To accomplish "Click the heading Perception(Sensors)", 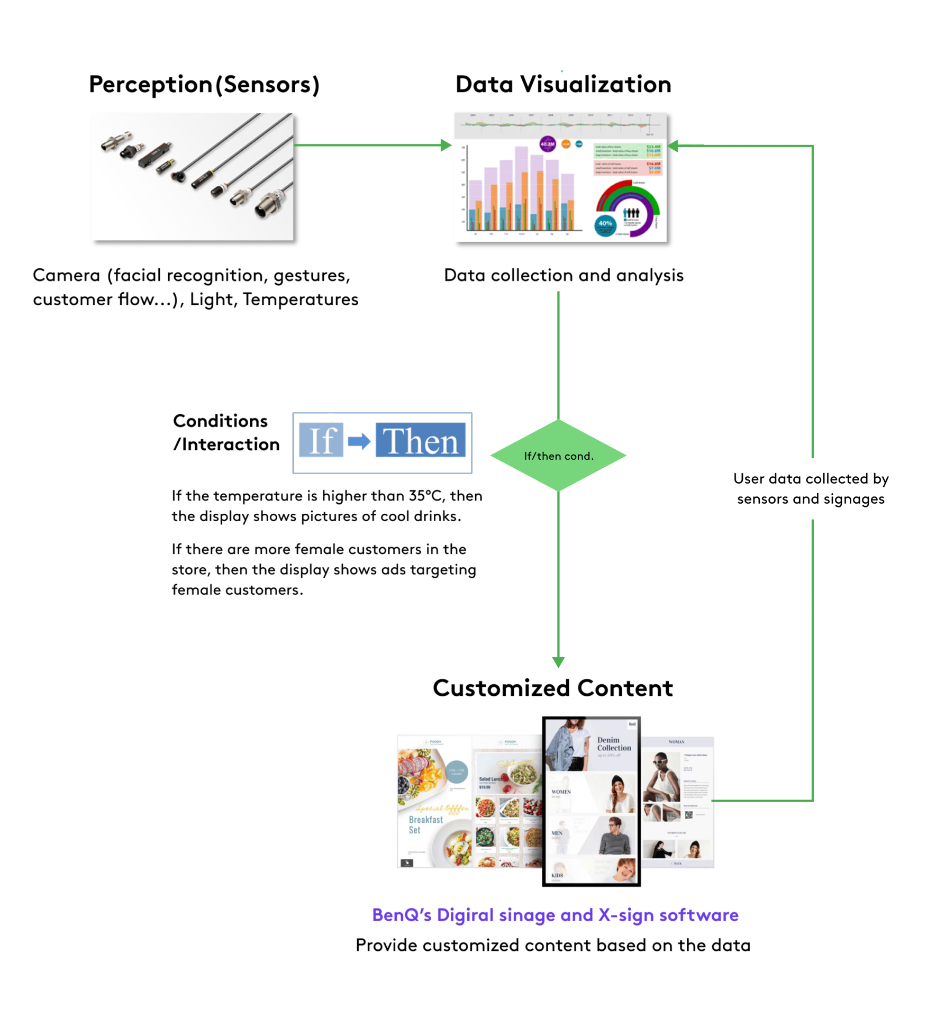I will click(204, 85).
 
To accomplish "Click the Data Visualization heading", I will click(563, 85).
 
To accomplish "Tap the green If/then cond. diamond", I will click(558, 456).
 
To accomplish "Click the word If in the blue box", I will click(321, 440).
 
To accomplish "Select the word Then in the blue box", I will click(420, 440).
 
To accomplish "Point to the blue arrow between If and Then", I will click(359, 440).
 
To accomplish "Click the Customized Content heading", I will click(552, 688).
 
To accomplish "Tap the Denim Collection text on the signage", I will click(614, 744).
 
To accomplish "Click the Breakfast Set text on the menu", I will click(425, 824).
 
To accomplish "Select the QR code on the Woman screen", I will click(688, 815).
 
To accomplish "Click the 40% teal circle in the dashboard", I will click(605, 224).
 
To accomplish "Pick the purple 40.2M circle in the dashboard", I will click(547, 144).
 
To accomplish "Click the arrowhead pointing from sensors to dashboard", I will click(446, 145).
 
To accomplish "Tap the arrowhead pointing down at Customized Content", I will click(558, 662).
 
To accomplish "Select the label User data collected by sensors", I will click(811, 488).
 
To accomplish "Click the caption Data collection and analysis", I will click(564, 275).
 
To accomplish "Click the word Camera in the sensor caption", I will click(66, 275).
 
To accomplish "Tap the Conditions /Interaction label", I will click(226, 432).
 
